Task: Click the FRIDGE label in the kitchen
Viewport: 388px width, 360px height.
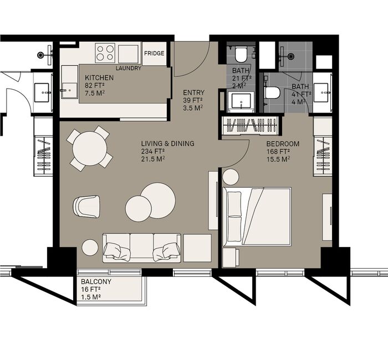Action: pyautogui.click(x=154, y=53)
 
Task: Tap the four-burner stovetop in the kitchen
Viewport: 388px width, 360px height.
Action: pyautogui.click(x=105, y=53)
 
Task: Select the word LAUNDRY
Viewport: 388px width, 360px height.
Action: pyautogui.click(x=129, y=68)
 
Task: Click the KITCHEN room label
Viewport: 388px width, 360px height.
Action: pyautogui.click(x=99, y=78)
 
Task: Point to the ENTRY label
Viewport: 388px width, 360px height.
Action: pyautogui.click(x=194, y=92)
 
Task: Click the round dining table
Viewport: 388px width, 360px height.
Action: pyautogui.click(x=90, y=148)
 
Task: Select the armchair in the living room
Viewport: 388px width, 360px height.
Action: pyautogui.click(x=86, y=207)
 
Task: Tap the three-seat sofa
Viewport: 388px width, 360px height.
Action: pyautogui.click(x=142, y=248)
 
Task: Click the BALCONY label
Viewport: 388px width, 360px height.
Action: pyautogui.click(x=96, y=281)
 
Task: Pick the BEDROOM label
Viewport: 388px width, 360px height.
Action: pyautogui.click(x=283, y=143)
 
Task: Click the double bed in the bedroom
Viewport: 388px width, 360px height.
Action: pyautogui.click(x=257, y=217)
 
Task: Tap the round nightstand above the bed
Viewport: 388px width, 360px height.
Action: pyautogui.click(x=231, y=177)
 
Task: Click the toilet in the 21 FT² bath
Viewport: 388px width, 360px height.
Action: pyautogui.click(x=241, y=54)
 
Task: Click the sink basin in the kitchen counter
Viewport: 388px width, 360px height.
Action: pyautogui.click(x=69, y=90)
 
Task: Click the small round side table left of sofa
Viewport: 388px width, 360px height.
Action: pyautogui.click(x=90, y=248)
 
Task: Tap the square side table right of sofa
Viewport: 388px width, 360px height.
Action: pyautogui.click(x=197, y=248)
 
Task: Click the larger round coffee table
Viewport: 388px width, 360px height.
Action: pyautogui.click(x=158, y=200)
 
